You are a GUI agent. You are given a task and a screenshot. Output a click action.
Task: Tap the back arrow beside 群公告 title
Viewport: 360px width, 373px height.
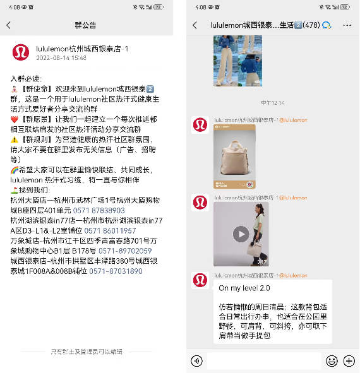(x=9, y=25)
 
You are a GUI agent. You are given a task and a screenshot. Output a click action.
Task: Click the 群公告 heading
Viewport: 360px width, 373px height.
(x=85, y=25)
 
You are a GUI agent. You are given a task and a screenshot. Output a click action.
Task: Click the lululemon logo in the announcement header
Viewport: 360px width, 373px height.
(x=20, y=53)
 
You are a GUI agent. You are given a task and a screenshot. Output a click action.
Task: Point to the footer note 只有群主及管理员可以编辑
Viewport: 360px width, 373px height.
(x=86, y=351)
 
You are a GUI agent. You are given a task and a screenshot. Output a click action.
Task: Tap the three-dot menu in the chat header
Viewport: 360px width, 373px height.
(x=347, y=25)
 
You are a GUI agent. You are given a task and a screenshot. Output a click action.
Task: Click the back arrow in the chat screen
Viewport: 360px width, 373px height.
(x=195, y=25)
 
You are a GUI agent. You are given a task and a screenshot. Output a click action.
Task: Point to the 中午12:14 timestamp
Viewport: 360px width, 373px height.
(x=272, y=102)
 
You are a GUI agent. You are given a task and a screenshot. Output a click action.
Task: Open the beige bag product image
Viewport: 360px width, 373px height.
(x=234, y=157)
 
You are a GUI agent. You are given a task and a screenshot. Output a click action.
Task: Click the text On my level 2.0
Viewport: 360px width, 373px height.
(x=244, y=288)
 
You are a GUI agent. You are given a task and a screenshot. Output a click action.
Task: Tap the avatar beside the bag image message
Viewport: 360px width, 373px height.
(x=200, y=124)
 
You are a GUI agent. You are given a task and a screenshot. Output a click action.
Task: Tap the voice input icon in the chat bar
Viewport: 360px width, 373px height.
(x=197, y=361)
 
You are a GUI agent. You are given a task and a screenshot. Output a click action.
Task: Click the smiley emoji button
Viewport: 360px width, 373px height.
(x=332, y=361)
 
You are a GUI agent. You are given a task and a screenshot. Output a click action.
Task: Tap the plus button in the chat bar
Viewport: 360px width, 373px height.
(x=349, y=361)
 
